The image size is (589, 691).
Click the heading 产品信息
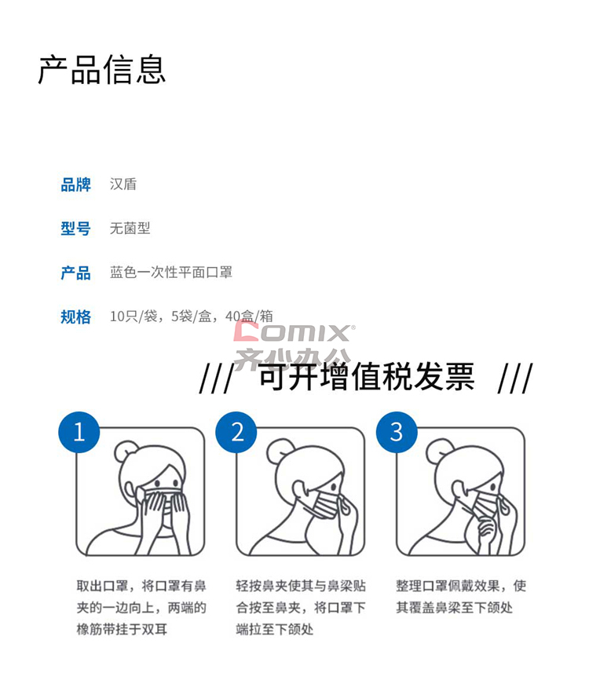pyautogui.click(x=102, y=70)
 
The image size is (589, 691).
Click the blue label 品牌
pyautogui.click(x=76, y=185)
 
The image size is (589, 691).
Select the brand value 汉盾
pyautogui.click(x=123, y=184)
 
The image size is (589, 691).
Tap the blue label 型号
pyautogui.click(x=76, y=229)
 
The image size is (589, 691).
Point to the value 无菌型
pyautogui.click(x=130, y=228)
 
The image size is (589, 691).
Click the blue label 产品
pyautogui.click(x=76, y=272)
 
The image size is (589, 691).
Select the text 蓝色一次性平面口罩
pyautogui.click(x=171, y=272)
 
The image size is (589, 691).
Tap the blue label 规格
pyautogui.click(x=76, y=317)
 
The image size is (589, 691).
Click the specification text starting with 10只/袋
pyautogui.click(x=192, y=316)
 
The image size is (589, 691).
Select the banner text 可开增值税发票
pyautogui.click(x=367, y=377)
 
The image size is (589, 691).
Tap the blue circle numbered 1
pyautogui.click(x=79, y=432)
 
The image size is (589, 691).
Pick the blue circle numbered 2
pyautogui.click(x=236, y=432)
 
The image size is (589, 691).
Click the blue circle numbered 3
pyautogui.click(x=397, y=432)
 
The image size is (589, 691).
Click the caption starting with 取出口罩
pyautogui.click(x=141, y=608)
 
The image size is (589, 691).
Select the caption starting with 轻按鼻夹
pyautogui.click(x=301, y=608)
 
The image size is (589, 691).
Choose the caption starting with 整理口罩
pyautogui.click(x=461, y=597)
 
